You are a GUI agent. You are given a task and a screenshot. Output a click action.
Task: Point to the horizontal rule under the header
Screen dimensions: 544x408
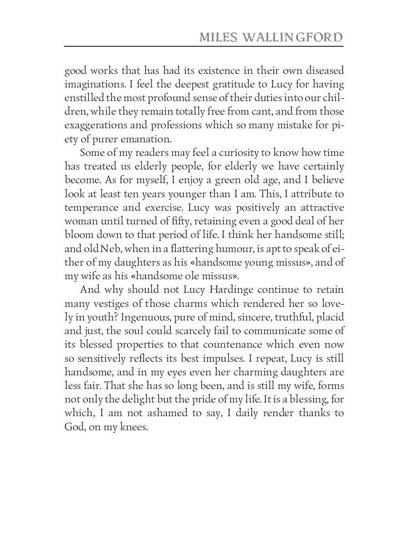(x=204, y=46)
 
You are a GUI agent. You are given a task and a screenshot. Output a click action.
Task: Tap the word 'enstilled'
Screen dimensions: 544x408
(x=84, y=97)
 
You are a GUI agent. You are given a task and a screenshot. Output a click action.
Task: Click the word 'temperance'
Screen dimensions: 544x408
(x=89, y=208)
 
